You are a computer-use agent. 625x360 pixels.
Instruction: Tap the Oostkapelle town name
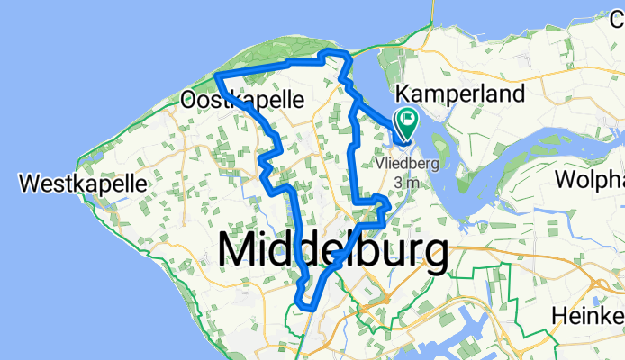tap(242, 98)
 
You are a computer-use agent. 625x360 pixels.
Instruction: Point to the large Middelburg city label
tap(333, 249)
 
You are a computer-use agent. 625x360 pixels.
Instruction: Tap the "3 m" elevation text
tap(408, 183)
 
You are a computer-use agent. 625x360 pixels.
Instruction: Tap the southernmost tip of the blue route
tap(304, 305)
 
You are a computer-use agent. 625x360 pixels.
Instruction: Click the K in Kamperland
tap(403, 94)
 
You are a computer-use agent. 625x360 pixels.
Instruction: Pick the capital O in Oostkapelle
tap(190, 98)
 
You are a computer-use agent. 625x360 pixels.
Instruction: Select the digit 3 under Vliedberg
tap(398, 183)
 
